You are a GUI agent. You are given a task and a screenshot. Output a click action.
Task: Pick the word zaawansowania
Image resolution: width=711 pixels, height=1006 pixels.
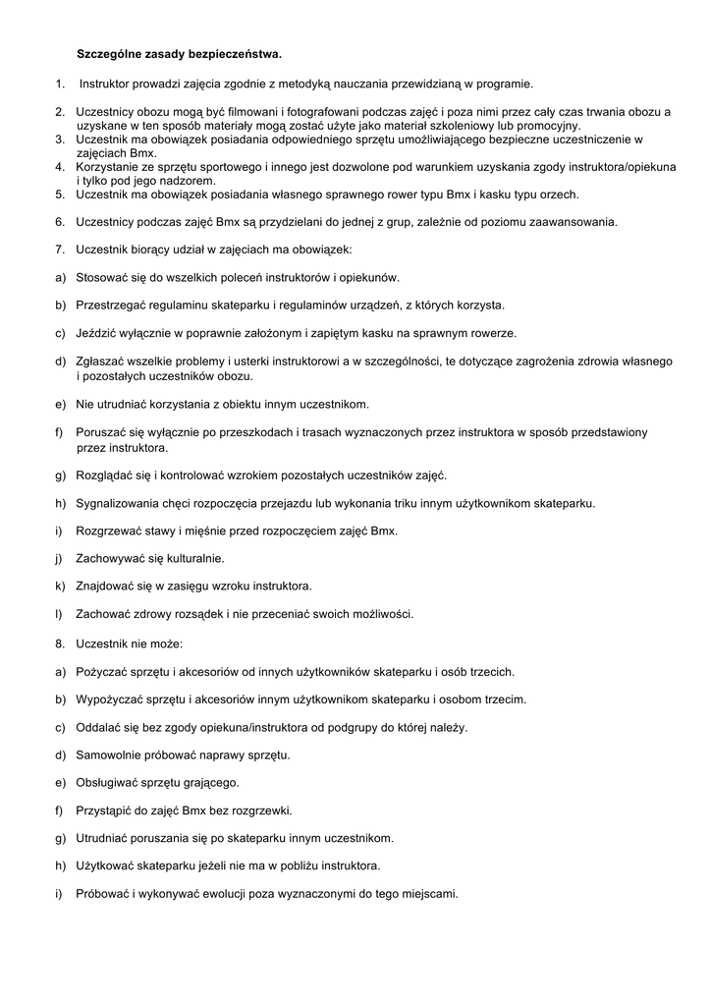pos(574,221)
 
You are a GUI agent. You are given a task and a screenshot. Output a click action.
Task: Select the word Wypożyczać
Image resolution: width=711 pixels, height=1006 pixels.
pos(111,699)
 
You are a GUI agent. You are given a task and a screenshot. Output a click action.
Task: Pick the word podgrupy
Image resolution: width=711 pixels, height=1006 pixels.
pos(338,728)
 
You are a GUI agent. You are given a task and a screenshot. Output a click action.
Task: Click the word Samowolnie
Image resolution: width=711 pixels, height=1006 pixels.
pos(111,755)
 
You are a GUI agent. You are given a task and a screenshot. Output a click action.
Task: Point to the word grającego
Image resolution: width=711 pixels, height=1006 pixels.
pos(210,783)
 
